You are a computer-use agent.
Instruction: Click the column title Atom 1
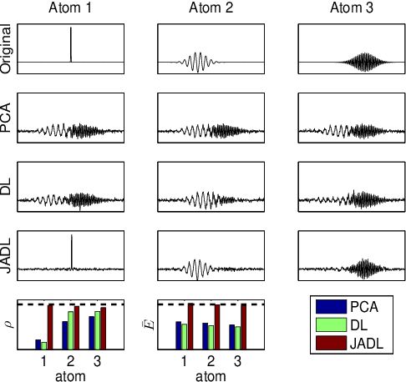71,8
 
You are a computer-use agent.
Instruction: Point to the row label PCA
8,120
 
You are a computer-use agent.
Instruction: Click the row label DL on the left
8,190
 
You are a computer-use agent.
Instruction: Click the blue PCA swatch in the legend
327,306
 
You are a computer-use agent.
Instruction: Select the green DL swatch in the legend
327,324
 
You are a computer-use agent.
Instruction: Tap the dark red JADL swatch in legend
327,343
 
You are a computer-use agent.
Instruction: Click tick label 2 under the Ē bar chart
211,362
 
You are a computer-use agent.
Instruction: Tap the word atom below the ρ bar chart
70,376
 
